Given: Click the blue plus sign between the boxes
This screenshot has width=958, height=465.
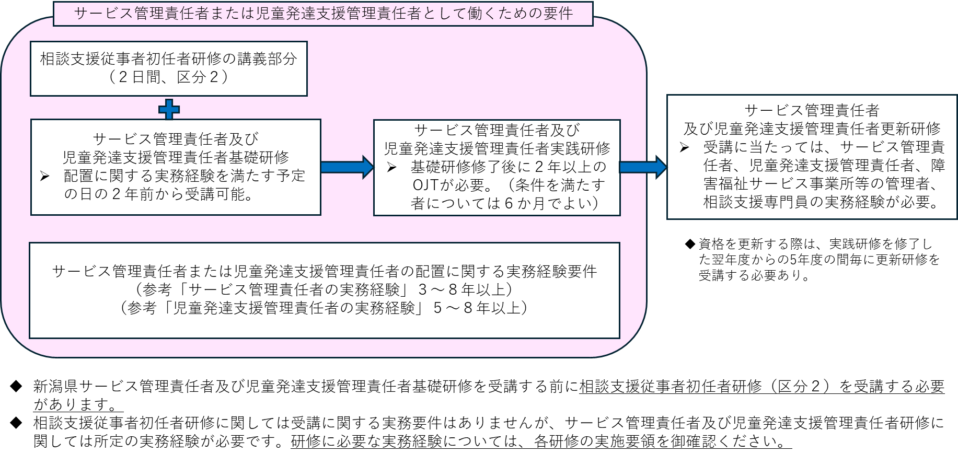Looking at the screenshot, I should (169, 109).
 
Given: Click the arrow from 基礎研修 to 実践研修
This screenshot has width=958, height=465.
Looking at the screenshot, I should (347, 167).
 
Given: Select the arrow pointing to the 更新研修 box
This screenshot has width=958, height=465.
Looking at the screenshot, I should (642, 167).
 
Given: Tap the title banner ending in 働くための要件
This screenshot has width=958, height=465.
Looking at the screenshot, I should (323, 14).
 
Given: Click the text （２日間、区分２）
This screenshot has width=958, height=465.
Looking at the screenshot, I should (168, 77).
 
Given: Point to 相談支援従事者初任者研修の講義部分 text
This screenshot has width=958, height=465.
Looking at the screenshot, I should (168, 59).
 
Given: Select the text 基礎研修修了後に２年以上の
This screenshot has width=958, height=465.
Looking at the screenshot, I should (508, 167).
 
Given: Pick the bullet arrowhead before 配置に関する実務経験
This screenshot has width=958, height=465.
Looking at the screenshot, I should (45, 177).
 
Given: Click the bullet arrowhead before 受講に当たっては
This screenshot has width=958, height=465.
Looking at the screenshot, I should (684, 148).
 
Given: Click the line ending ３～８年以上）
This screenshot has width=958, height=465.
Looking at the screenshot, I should (324, 289).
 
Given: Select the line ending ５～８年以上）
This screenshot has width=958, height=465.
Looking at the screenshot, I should (324, 308).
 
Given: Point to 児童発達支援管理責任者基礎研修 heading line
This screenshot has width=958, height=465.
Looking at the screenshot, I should (176, 157).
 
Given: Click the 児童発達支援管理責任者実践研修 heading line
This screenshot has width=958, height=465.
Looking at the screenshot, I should (497, 149).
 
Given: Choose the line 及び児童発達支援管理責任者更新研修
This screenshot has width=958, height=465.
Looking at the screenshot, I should (812, 129).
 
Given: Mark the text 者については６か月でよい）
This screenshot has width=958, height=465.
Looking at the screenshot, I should (505, 203).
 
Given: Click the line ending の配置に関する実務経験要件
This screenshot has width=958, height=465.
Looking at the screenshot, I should (324, 271).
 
